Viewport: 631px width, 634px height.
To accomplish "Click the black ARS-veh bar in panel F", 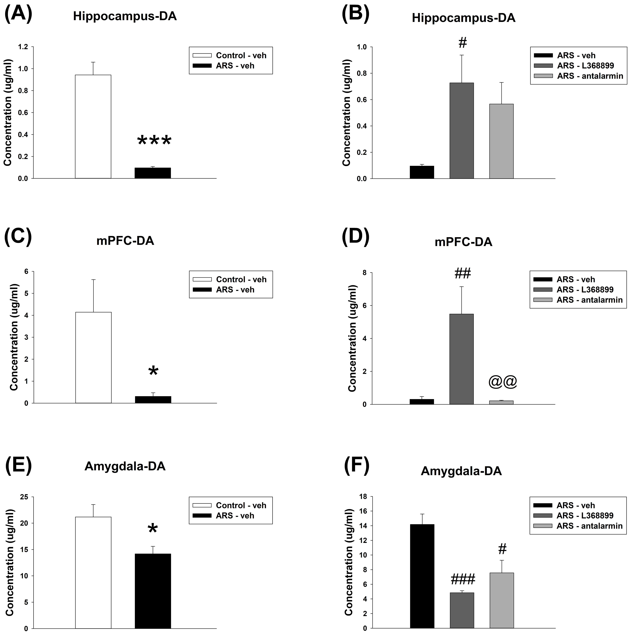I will (x=422, y=576).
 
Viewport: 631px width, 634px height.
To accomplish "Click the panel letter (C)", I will (x=18, y=237).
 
